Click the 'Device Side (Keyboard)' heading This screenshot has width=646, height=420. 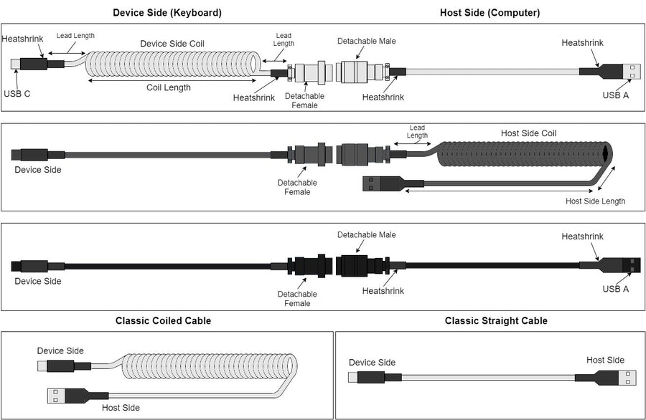click(x=167, y=13)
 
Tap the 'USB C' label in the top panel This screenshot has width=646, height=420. click(x=17, y=93)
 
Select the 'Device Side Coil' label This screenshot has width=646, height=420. click(x=172, y=44)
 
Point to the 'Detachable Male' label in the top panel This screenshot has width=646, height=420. click(x=367, y=42)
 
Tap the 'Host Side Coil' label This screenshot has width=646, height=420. click(x=528, y=133)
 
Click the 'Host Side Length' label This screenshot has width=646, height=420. click(x=595, y=201)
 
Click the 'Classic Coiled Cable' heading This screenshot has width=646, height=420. click(x=163, y=321)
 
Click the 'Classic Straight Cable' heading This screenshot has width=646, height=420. click(x=496, y=321)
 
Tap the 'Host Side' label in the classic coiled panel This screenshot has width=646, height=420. click(x=121, y=408)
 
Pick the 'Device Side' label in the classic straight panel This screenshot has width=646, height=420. click(x=372, y=363)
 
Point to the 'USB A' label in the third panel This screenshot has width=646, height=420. click(x=615, y=289)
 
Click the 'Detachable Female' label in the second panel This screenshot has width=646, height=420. click(x=297, y=187)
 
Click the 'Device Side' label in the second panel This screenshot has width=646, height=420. click(x=38, y=170)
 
